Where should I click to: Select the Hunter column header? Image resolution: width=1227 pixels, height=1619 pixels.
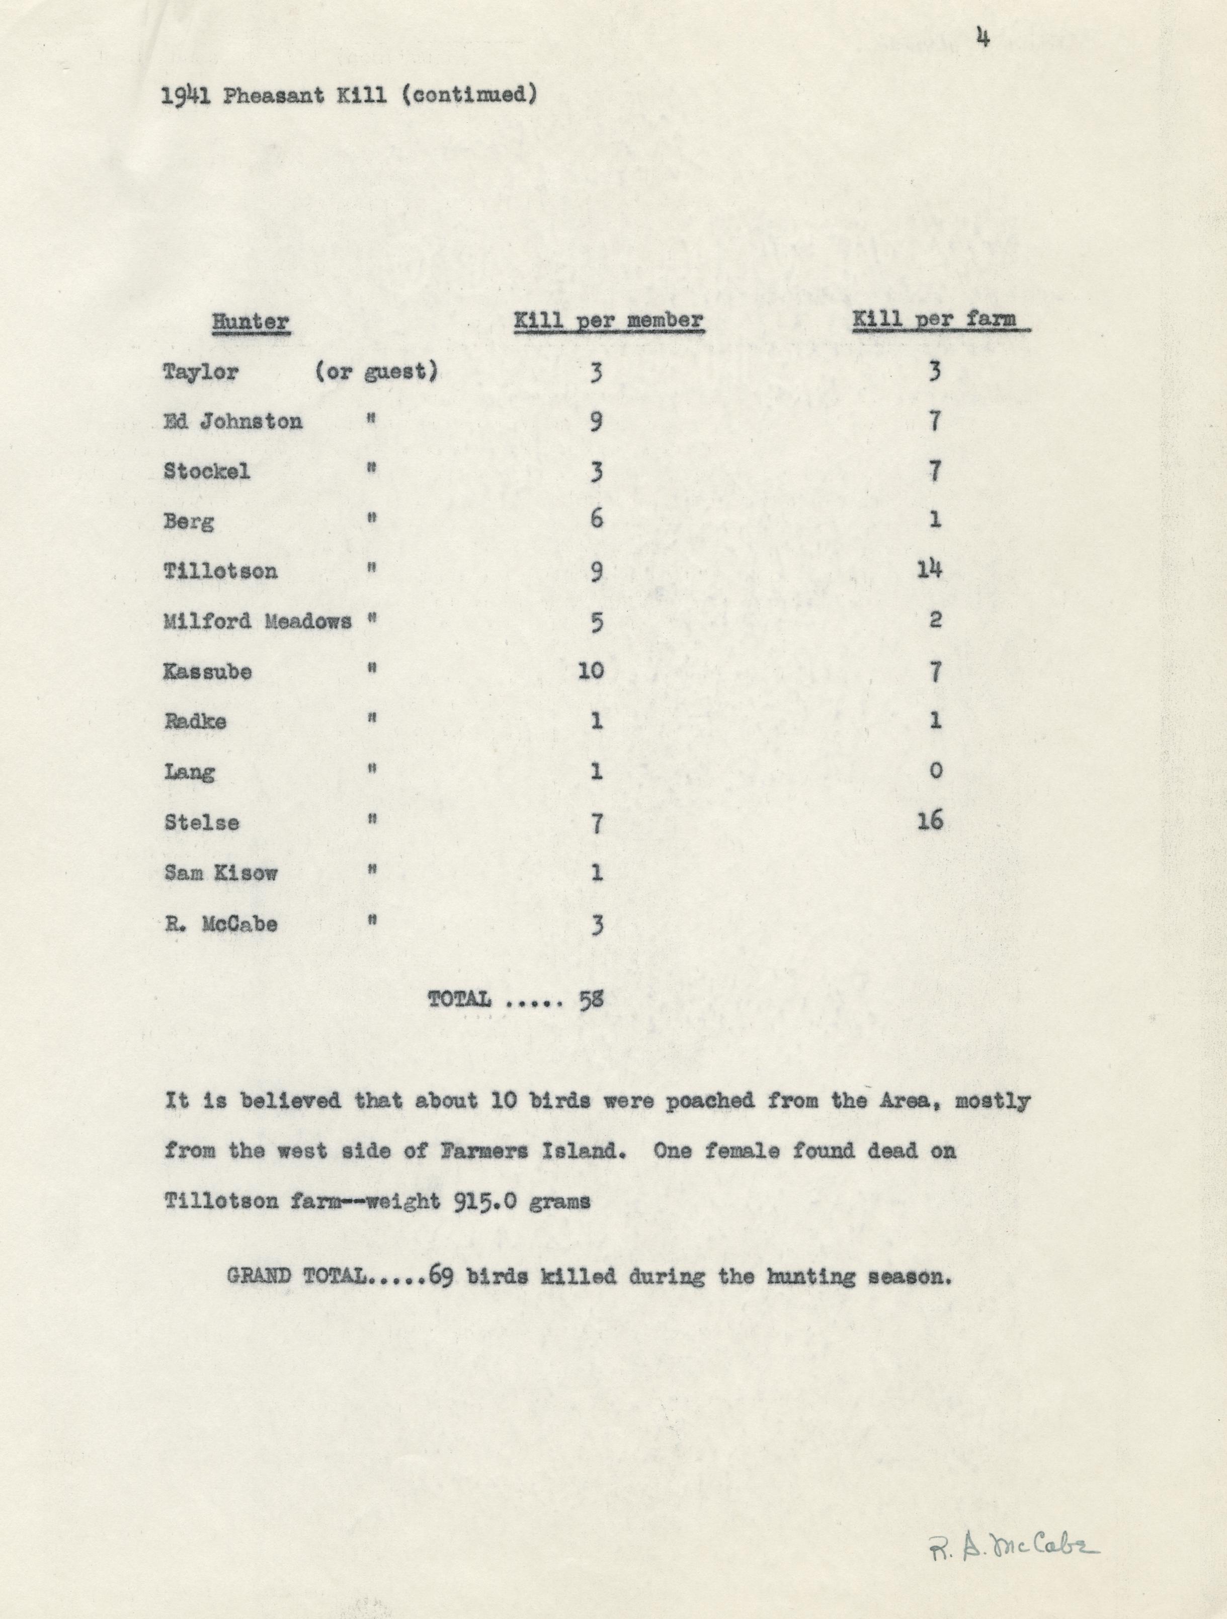(251, 322)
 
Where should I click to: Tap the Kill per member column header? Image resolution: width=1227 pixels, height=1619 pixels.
(609, 321)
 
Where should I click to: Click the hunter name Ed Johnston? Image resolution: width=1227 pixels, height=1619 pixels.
(232, 422)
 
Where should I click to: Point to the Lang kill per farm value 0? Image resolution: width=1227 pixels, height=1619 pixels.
(935, 770)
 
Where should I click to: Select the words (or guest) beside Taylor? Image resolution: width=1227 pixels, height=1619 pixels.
(377, 372)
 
